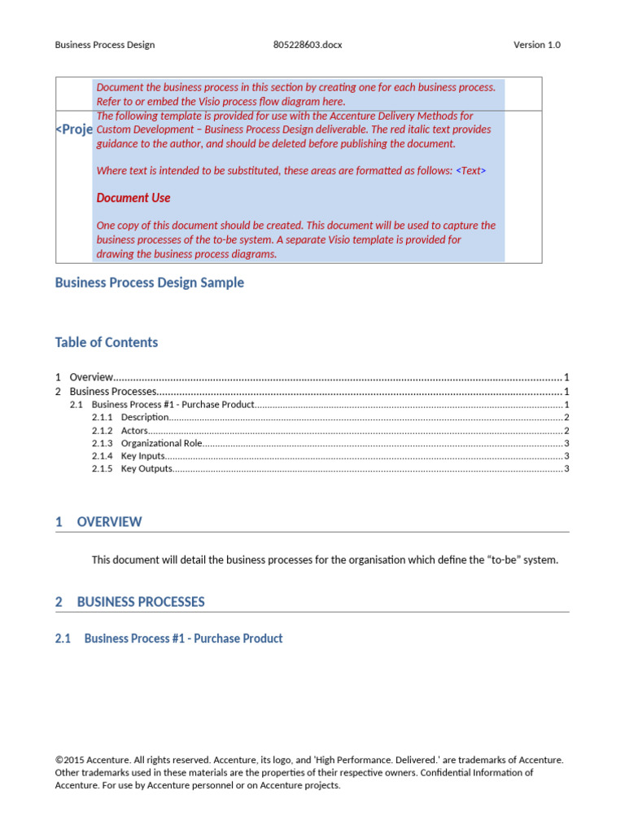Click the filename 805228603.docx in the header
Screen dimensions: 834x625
308,45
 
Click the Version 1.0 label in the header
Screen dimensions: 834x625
536,45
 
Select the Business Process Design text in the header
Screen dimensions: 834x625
104,45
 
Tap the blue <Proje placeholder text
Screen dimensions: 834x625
74,130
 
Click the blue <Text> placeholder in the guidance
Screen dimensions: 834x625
471,171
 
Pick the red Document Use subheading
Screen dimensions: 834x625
133,198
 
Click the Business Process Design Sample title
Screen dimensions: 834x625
149,283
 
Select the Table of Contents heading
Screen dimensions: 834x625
107,342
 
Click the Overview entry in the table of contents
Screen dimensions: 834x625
90,377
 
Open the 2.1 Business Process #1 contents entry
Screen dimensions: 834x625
173,405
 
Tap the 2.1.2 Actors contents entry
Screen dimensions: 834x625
134,431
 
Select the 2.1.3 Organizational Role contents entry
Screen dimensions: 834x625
160,444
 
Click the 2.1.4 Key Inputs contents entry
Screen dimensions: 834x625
143,456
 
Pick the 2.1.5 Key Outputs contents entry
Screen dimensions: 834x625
146,469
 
